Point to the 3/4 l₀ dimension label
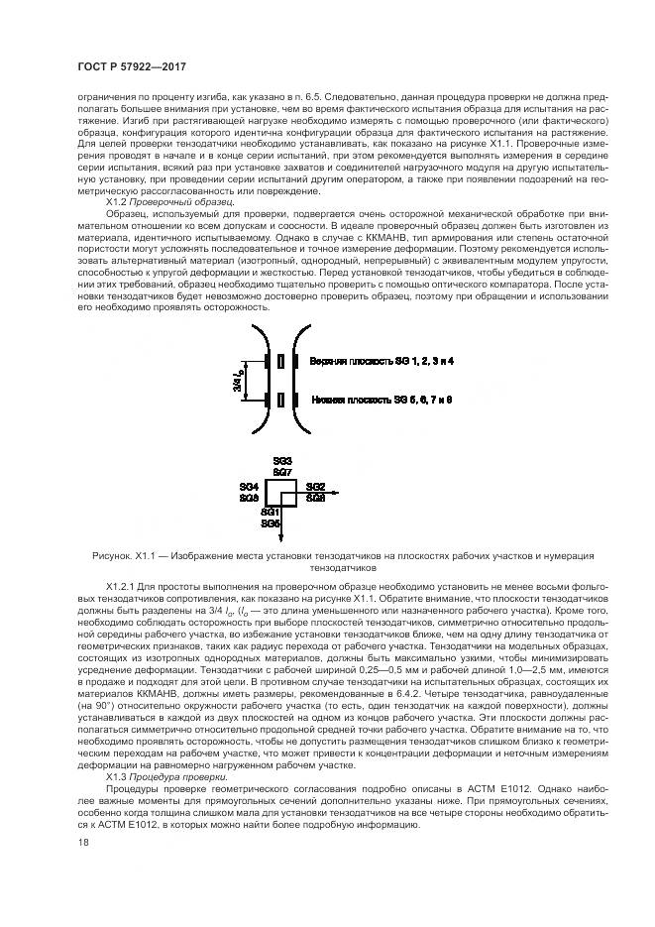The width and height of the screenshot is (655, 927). click(x=237, y=379)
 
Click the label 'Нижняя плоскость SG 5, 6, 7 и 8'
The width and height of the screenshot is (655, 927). click(x=382, y=399)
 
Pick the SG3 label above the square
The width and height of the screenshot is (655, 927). click(x=282, y=462)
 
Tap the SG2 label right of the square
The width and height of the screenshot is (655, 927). click(x=315, y=487)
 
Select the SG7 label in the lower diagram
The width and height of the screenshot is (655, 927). click(x=282, y=473)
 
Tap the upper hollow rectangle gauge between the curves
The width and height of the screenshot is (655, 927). click(x=282, y=361)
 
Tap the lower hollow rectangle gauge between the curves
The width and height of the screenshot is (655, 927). click(x=282, y=400)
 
